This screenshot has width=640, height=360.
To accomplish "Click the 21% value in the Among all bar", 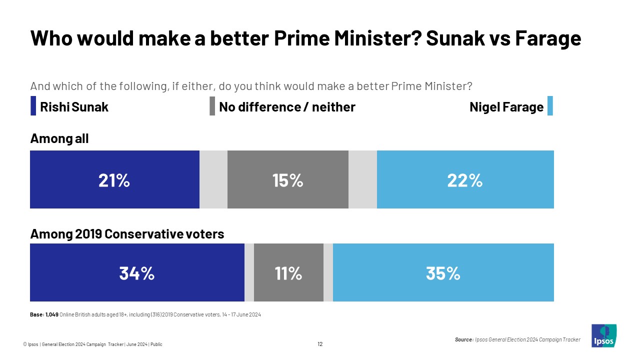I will pos(114,180).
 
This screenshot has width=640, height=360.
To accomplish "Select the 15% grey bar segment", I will pos(287,180).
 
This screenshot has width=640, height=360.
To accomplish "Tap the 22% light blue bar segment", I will pos(465,180).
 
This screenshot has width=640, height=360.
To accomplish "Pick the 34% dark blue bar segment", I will pos(136,273).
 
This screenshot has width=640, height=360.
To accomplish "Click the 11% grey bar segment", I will pos(288,273).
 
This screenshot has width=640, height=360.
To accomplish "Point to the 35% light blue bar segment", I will pos(443,273).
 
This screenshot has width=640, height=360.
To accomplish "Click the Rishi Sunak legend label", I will pos(74,107).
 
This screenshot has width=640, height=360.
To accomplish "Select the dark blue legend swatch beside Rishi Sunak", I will pos(33,106).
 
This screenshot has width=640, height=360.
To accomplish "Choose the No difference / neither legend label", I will pos(287,107).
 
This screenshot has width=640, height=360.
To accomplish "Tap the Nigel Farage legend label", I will pos(506,107).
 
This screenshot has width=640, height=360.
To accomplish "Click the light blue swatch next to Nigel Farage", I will pos(550,106).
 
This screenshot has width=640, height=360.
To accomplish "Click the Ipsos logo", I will pos(604,335).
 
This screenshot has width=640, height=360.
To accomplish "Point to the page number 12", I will pos(320,344).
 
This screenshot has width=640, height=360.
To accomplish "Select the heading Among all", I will pos(59,138).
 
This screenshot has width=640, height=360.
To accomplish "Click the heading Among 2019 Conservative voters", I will pos(127,233).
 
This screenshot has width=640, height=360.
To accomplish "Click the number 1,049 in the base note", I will pos(52,314).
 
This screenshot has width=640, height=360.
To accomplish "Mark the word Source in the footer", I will pos(463,339).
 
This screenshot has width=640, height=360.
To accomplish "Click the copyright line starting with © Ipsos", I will pos(92,344).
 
